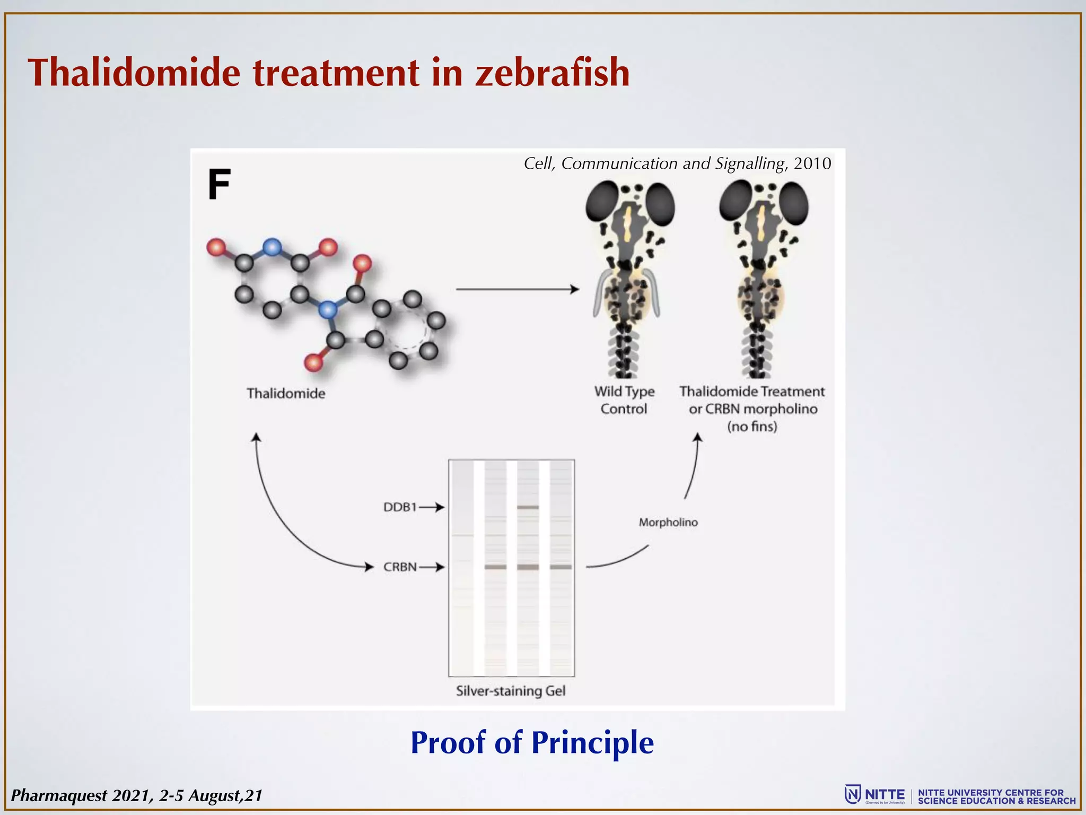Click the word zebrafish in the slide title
click(x=552, y=73)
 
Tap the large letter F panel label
click(x=219, y=185)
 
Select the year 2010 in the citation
click(x=812, y=163)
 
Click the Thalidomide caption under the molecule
click(x=286, y=393)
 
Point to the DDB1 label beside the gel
click(x=400, y=507)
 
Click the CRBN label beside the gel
click(x=400, y=567)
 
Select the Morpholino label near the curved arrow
click(x=668, y=523)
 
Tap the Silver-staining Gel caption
click(x=511, y=691)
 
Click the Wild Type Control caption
click(x=624, y=400)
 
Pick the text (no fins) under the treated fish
click(x=752, y=427)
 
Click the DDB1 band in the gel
click(x=528, y=507)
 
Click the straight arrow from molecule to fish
click(x=517, y=289)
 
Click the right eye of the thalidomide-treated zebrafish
click(x=793, y=203)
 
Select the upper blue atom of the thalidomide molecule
click(x=272, y=247)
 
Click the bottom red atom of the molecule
click(x=313, y=363)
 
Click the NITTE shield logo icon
click(x=852, y=794)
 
